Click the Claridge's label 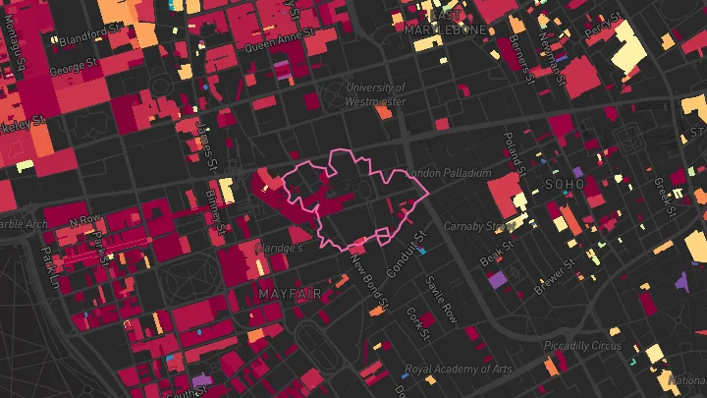click(279, 249)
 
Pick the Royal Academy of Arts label click(459, 370)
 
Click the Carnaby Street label click(479, 226)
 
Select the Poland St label click(513, 152)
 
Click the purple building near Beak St click(498, 279)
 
